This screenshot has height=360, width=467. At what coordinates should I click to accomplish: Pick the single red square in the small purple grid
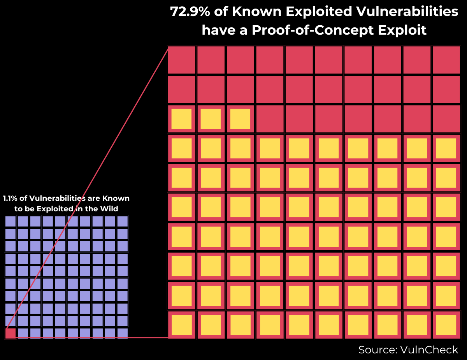point(11,333)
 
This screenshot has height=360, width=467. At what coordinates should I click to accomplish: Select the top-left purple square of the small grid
point(11,221)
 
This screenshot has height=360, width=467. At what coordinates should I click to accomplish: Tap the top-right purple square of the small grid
point(123,221)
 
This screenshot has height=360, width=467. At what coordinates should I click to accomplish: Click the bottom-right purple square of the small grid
point(123,333)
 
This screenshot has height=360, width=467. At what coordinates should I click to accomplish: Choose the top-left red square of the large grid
point(181,60)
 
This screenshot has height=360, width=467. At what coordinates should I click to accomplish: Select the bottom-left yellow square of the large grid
point(181,325)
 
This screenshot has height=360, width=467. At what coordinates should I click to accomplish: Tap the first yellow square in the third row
point(181,119)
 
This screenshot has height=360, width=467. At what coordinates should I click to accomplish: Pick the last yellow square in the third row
point(240,119)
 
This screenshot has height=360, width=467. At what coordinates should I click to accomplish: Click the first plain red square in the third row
point(270,119)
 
